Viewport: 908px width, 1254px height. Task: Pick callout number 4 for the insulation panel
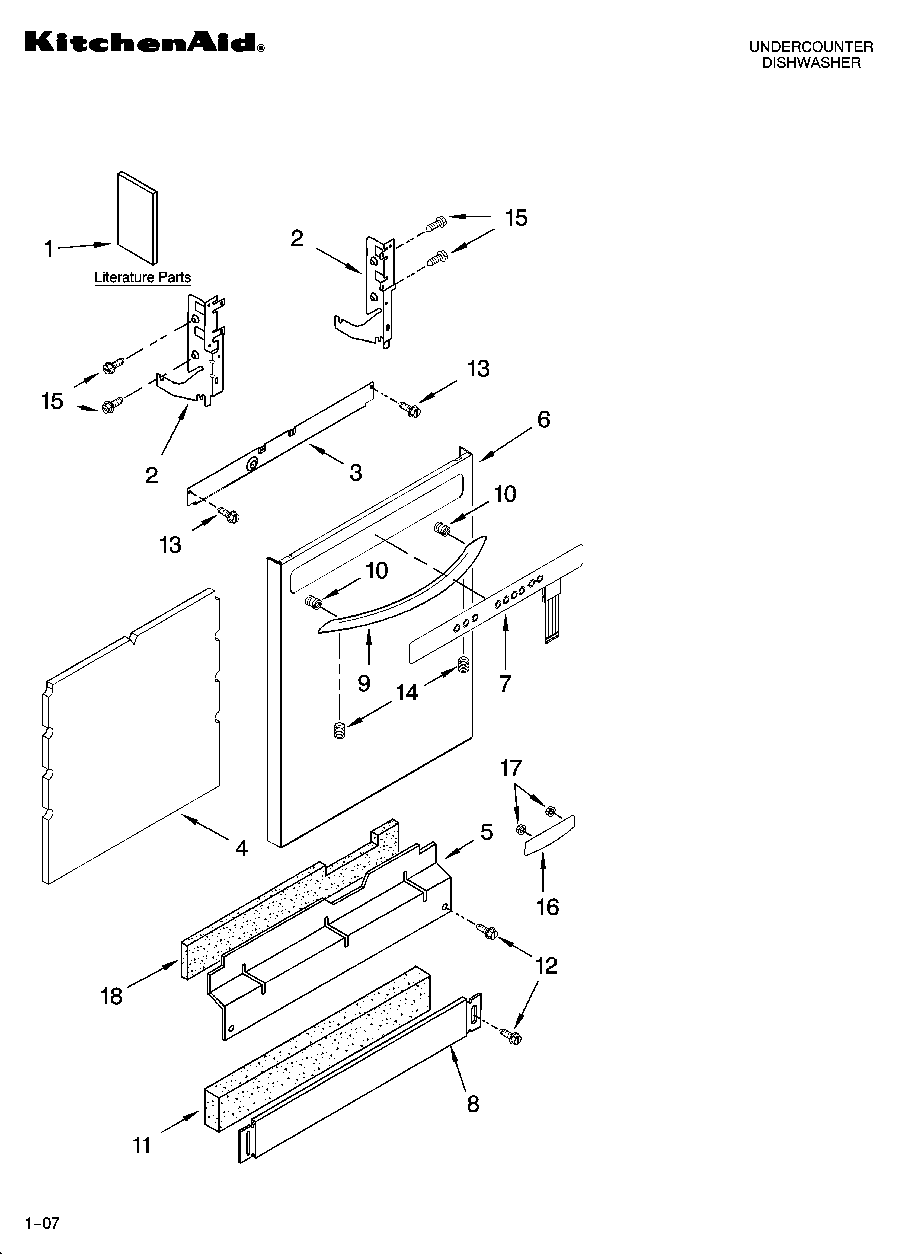pyautogui.click(x=242, y=848)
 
